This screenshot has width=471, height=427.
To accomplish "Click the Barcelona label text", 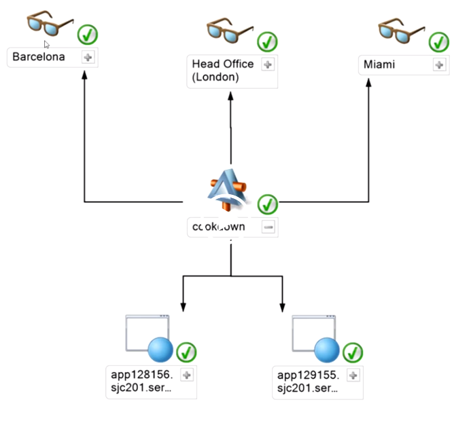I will (x=39, y=57).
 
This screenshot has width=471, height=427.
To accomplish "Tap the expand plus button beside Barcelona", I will (x=88, y=58).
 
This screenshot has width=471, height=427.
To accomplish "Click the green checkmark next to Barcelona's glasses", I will (x=88, y=34).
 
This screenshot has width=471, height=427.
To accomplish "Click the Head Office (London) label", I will (x=222, y=71).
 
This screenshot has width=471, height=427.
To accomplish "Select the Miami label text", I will (x=379, y=65).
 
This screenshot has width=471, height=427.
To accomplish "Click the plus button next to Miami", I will (x=439, y=65).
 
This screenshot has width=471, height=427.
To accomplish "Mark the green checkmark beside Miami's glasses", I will (x=439, y=42).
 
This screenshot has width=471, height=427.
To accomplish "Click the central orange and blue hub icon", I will (x=230, y=193).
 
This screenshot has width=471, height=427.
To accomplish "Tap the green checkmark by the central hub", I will (x=268, y=204).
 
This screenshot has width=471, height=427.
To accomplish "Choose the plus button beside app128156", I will (x=187, y=375).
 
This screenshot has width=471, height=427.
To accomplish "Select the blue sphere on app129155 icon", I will (x=327, y=350).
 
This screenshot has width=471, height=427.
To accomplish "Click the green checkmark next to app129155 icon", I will (x=352, y=352).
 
